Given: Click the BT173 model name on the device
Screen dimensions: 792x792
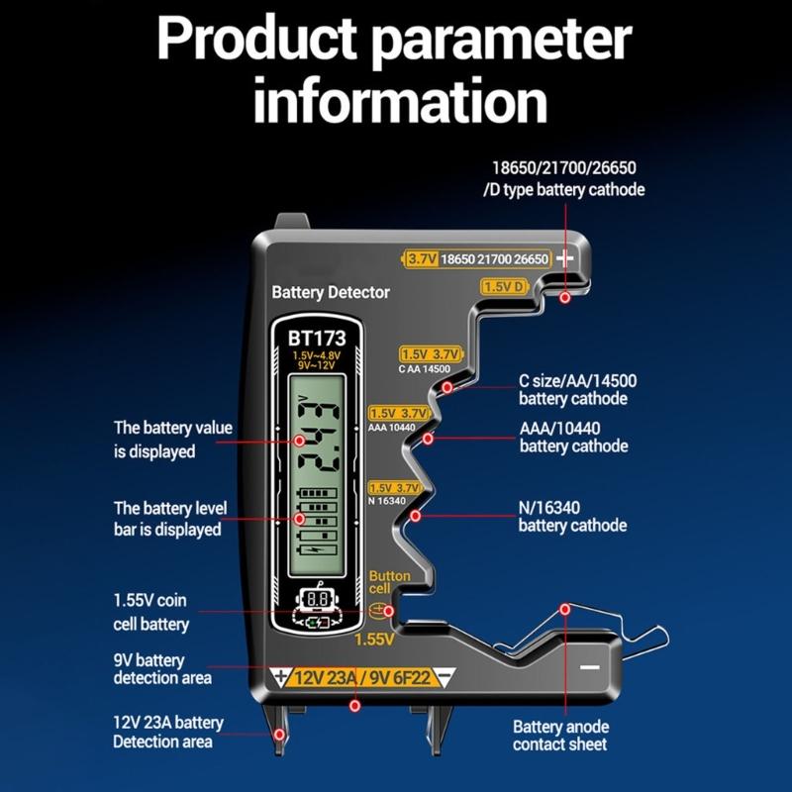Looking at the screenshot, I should pyautogui.click(x=318, y=338).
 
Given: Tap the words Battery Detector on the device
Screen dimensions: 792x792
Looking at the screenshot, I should pyautogui.click(x=331, y=292).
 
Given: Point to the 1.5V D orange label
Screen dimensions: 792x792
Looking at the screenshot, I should pyautogui.click(x=504, y=286).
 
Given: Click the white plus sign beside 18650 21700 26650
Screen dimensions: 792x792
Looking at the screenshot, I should pyautogui.click(x=565, y=258).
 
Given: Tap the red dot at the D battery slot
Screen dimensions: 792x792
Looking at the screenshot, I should pyautogui.click(x=564, y=297).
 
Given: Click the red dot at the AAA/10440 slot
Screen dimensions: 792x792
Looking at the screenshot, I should pyautogui.click(x=428, y=438).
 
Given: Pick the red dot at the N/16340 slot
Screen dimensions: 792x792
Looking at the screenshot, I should pyautogui.click(x=416, y=516).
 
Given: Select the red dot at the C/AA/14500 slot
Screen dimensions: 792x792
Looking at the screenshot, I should pyautogui.click(x=447, y=387).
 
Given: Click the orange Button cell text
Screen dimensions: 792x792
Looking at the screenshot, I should pyautogui.click(x=389, y=582).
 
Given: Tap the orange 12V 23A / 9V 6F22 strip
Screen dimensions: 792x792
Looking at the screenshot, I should pyautogui.click(x=363, y=678).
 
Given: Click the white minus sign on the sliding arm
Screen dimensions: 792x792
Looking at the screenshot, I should pyautogui.click(x=590, y=667).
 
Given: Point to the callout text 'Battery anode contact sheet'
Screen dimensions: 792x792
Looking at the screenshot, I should pyautogui.click(x=560, y=735).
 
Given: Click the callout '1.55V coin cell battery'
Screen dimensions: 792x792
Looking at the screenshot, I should pyautogui.click(x=150, y=613).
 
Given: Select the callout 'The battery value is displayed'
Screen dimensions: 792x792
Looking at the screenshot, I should pyautogui.click(x=172, y=440).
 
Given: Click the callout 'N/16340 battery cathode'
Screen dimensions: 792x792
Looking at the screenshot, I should pyautogui.click(x=572, y=516).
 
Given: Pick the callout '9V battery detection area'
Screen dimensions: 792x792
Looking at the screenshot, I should pyautogui.click(x=162, y=669).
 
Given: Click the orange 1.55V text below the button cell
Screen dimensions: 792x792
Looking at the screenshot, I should pyautogui.click(x=374, y=640).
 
